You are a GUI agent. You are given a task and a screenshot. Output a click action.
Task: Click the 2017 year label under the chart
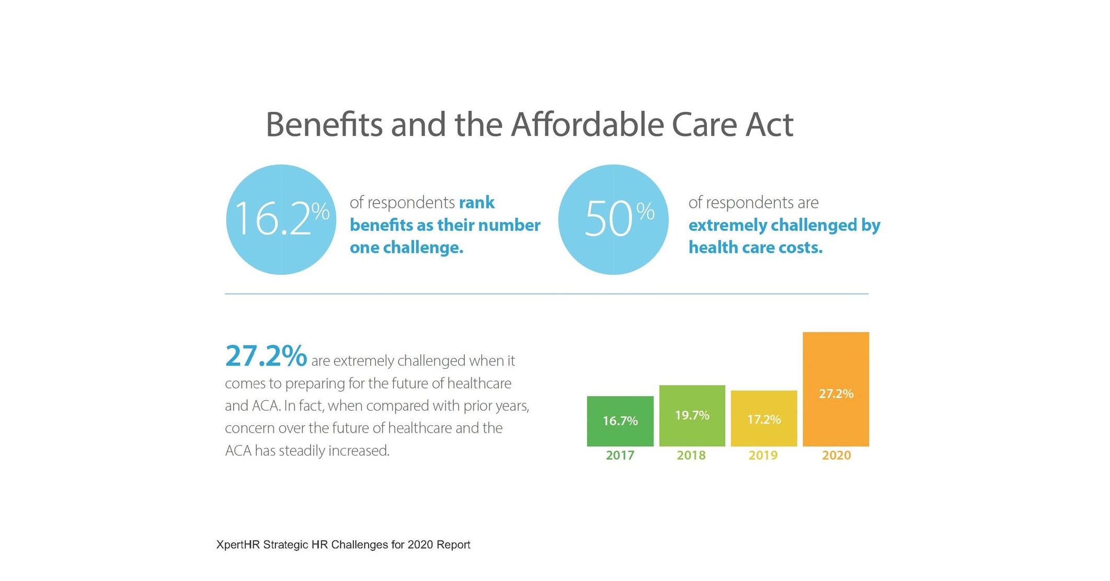click(x=620, y=455)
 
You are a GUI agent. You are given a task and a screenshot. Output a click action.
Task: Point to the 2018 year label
click(x=691, y=455)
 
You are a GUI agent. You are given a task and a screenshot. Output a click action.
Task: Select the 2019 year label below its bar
click(x=763, y=455)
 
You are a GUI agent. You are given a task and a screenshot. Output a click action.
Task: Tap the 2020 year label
click(x=836, y=455)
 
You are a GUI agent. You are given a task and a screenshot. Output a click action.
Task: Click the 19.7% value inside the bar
click(x=692, y=415)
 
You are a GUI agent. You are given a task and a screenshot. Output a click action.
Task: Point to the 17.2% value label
click(x=763, y=420)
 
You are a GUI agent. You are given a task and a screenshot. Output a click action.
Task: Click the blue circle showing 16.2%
click(x=281, y=219)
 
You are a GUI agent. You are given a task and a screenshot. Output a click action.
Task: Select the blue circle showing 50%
click(x=613, y=219)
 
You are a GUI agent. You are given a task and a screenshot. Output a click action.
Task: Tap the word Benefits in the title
click(x=324, y=125)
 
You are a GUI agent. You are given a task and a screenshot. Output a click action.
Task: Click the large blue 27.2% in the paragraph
click(x=266, y=356)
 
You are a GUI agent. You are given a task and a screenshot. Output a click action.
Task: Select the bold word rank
click(x=476, y=203)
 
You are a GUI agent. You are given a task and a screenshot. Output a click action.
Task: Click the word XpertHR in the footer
click(x=238, y=545)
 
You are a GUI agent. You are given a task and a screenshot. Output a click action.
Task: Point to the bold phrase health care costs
click(x=755, y=248)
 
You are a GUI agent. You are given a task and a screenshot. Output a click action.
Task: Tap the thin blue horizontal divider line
click(x=546, y=294)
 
